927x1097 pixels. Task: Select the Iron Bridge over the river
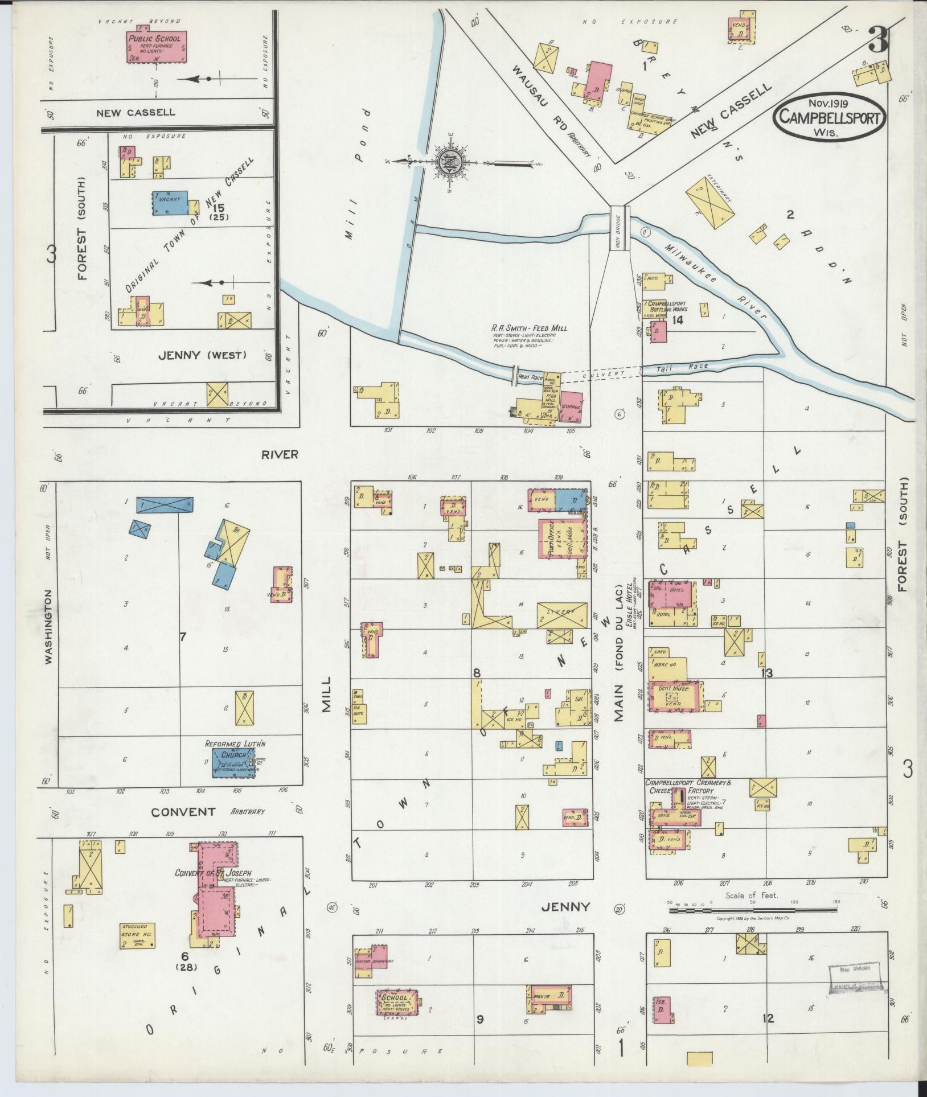[x=619, y=228]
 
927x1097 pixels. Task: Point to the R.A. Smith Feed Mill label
[x=529, y=328]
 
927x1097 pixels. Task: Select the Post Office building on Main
[x=560, y=538]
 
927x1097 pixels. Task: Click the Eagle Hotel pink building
[x=672, y=594]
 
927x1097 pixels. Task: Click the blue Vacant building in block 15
[x=170, y=203]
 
